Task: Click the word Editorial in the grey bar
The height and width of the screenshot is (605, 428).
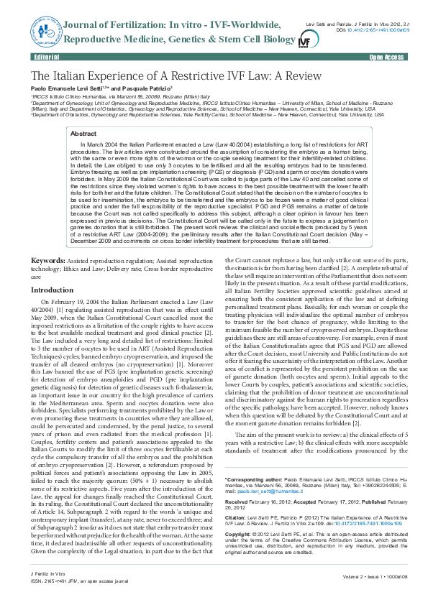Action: pos(46,55)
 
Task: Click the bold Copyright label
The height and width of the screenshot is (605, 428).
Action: pos(240,534)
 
